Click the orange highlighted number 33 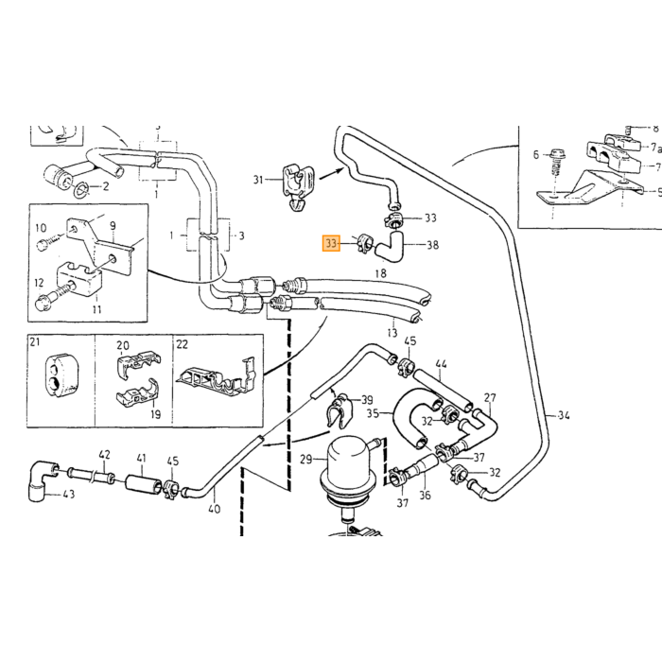coord(331,243)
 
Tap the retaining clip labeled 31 coord(298,183)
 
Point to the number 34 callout coord(564,415)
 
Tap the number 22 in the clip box coord(182,344)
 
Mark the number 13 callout coord(392,333)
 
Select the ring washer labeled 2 coord(81,190)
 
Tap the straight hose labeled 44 coord(443,390)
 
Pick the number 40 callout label coord(215,509)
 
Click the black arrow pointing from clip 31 coord(332,173)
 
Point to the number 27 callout coord(490,397)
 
